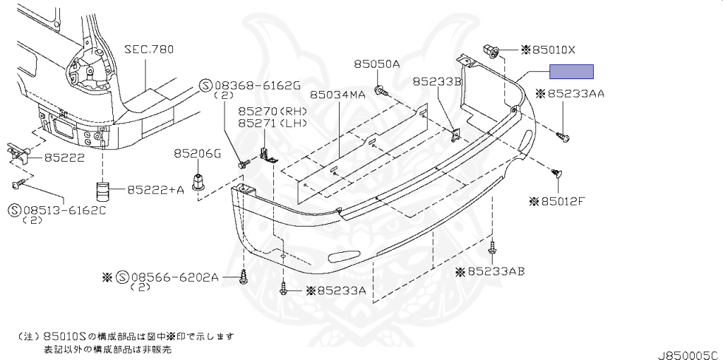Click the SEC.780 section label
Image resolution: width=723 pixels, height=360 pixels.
click(149, 49)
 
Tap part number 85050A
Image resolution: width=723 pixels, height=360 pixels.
click(377, 64)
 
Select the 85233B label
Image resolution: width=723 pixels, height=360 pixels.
click(437, 82)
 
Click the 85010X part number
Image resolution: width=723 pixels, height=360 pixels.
click(554, 50)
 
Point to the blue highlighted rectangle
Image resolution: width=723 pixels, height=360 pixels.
click(572, 71)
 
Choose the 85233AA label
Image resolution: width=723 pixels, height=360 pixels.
click(575, 93)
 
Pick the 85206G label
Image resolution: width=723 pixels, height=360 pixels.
click(198, 152)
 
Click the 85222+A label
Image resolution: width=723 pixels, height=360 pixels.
click(156, 189)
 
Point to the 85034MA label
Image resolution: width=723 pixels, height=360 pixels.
click(337, 94)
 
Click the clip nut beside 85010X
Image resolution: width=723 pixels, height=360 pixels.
click(491, 50)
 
